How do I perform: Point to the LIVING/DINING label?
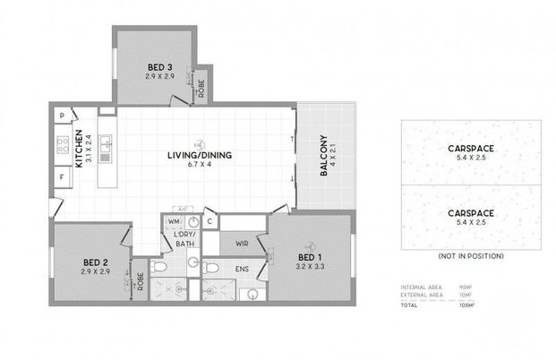click(199, 155)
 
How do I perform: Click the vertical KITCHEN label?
click(79, 150)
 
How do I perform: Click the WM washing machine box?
click(174, 220)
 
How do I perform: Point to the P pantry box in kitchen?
click(61, 116)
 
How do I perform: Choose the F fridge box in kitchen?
click(61, 177)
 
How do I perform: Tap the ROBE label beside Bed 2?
click(139, 279)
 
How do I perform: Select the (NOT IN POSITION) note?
click(470, 256)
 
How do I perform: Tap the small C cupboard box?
click(208, 221)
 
